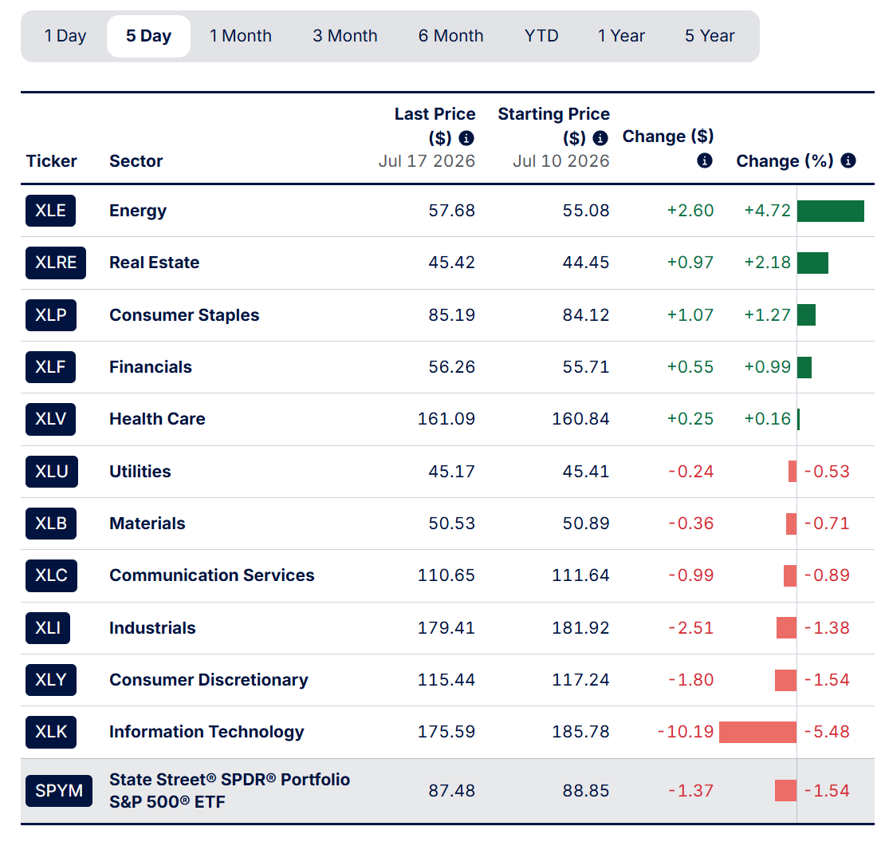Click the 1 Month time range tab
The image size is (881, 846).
point(241,36)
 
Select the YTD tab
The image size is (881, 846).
point(541,36)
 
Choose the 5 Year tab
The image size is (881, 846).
point(710,36)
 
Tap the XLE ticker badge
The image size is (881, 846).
point(50,211)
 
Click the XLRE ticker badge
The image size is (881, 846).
point(56,263)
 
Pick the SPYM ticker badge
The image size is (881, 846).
point(59,790)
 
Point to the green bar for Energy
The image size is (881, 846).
point(831,211)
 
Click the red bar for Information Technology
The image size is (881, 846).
point(758,732)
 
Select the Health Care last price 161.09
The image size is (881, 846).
point(446,419)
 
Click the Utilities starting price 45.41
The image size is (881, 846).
point(586,472)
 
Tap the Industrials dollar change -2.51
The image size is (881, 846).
point(690,628)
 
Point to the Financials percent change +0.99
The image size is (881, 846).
point(768,367)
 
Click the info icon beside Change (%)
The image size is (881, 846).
point(848,161)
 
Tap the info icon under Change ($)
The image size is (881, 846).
point(705,161)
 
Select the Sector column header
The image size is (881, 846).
point(136,161)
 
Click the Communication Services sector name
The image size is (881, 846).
point(212,575)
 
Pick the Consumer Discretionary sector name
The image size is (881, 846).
point(209,680)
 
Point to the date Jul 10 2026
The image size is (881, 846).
point(560,161)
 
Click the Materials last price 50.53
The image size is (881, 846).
point(452,524)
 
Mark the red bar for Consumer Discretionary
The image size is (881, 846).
point(785,680)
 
